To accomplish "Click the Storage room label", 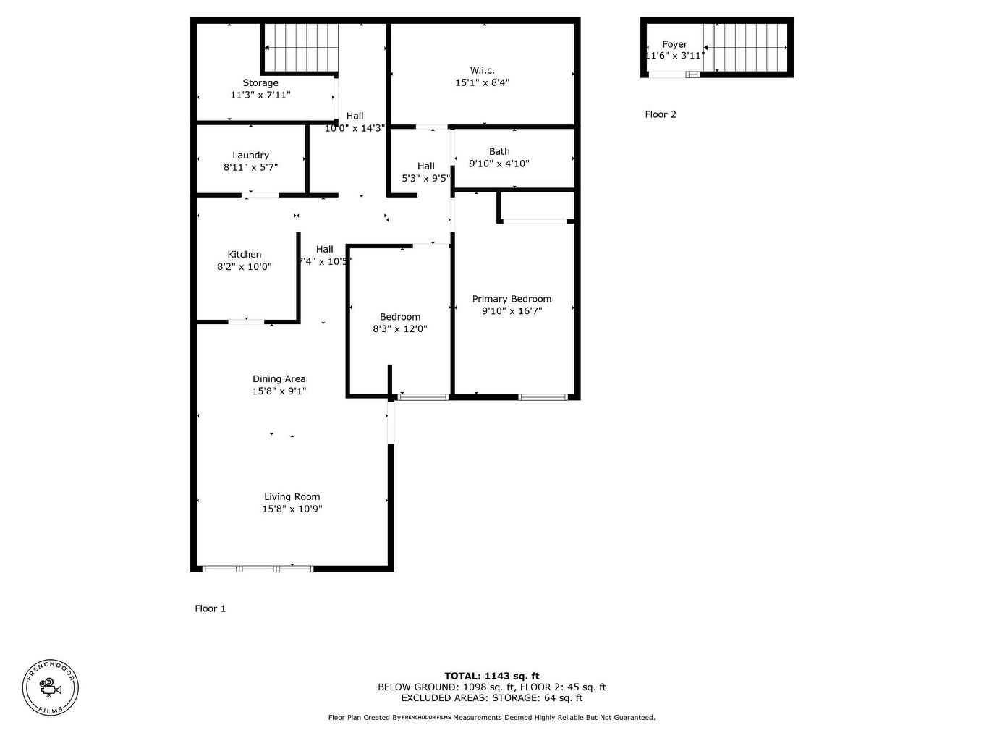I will pos(260,83).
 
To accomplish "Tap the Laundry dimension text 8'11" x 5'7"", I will pos(250,167).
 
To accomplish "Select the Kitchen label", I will pos(245,255).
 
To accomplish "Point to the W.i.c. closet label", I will pos(482,70).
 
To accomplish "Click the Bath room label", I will pos(499,152).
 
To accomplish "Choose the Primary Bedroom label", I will pos(512,299).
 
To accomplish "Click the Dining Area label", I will pos(279,379).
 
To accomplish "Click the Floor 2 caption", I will pos(661,114).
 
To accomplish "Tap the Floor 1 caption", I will pos(210,608).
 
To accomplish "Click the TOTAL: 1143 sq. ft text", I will pos(491,676).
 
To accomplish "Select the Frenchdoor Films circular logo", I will pos(50,688).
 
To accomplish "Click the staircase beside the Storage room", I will pos(300,48).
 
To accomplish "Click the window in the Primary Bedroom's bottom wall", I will pos(543,396).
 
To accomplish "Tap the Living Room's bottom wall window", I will pos(258,569).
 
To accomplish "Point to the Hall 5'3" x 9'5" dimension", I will pos(426,178).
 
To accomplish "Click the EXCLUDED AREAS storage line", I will pos(491,698).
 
